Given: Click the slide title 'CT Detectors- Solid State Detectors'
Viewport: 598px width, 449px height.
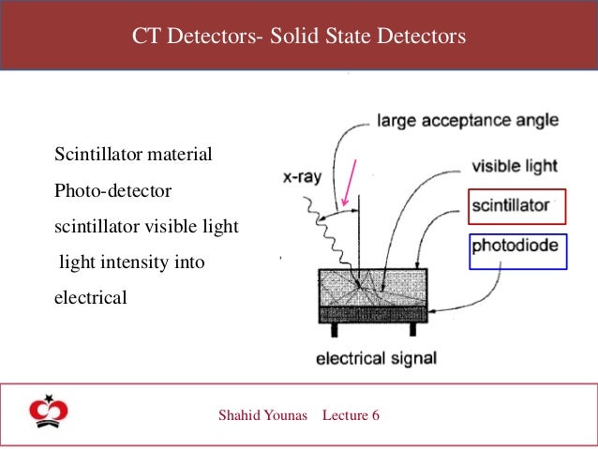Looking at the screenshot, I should (x=298, y=37).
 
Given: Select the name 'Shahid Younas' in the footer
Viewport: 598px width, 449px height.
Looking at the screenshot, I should (x=262, y=414).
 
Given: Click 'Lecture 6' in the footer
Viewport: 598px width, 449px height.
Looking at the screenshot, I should (x=351, y=414).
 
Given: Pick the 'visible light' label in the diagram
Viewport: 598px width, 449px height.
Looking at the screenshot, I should (x=514, y=167).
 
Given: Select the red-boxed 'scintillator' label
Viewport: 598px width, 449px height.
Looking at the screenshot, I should (x=517, y=207).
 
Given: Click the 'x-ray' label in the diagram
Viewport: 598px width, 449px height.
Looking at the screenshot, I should (x=305, y=177).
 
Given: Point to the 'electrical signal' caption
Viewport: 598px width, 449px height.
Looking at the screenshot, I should (x=376, y=357).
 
